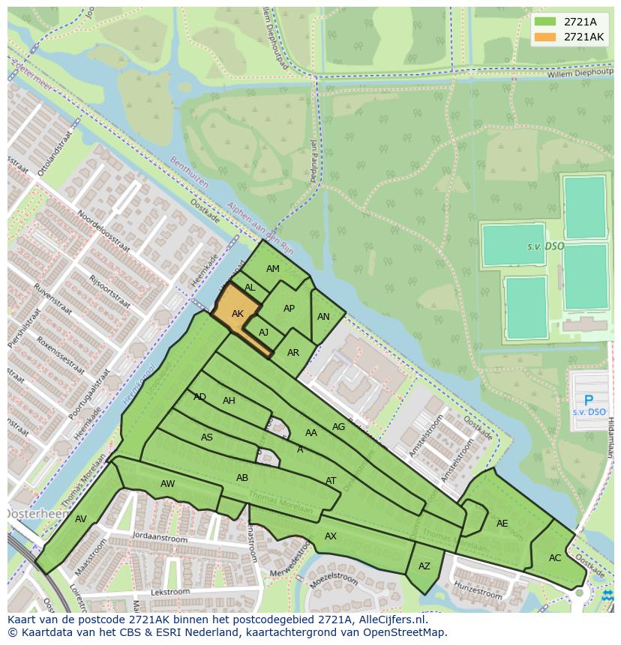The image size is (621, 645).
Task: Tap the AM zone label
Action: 273,269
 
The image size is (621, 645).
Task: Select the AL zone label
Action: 250,288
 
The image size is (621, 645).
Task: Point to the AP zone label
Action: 289,309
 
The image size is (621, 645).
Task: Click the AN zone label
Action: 323,317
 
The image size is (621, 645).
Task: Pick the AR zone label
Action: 293,353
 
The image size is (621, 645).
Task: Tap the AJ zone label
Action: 263,333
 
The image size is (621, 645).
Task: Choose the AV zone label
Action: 81,519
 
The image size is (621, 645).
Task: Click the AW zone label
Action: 167,484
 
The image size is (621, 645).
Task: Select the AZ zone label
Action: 424,566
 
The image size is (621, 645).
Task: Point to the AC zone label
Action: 555,558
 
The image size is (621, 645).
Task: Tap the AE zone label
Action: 502,524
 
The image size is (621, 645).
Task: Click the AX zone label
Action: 331,536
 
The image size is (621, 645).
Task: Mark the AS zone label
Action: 207,437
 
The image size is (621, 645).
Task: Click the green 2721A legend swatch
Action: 546,22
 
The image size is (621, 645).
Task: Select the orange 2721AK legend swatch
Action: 546,37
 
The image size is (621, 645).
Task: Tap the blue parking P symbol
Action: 589,401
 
